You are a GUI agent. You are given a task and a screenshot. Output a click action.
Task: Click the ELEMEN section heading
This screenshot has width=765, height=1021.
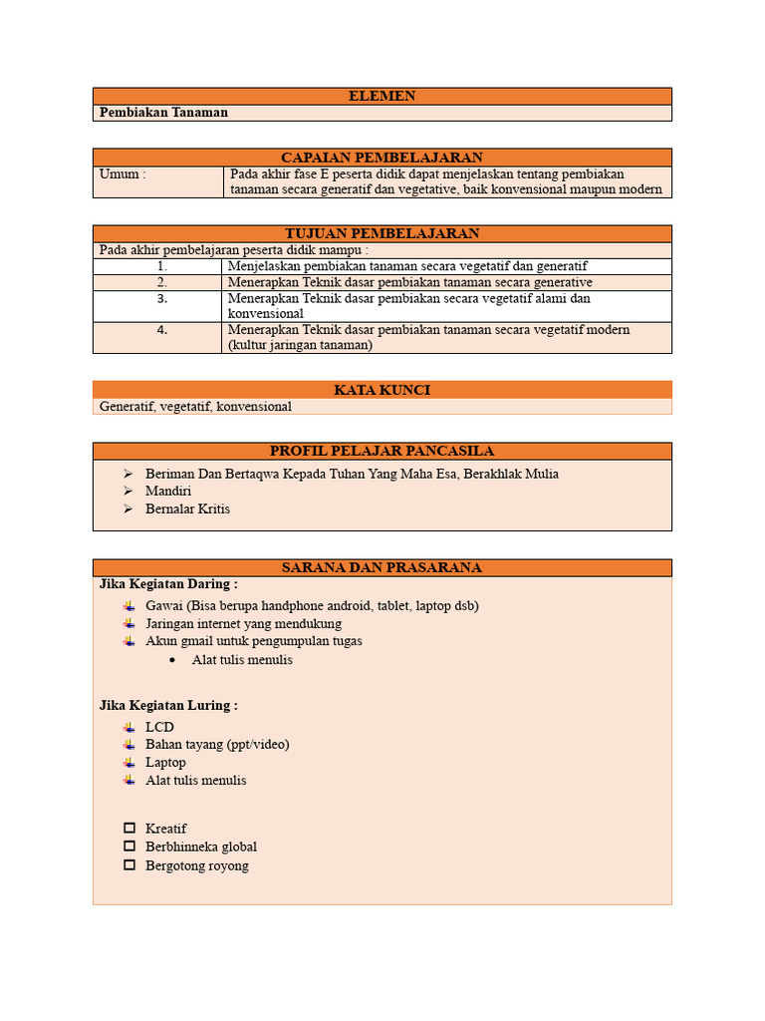point(382,96)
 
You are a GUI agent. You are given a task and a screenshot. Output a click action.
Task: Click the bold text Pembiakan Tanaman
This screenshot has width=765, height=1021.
point(163,113)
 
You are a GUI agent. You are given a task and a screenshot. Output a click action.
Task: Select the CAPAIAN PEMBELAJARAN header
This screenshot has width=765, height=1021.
point(382,158)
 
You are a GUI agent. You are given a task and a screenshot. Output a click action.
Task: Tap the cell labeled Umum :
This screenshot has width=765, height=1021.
point(123,174)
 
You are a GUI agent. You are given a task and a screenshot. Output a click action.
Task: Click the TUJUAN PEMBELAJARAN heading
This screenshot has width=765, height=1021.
point(382,233)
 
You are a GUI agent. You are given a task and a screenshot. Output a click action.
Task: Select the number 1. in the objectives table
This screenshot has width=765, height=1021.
point(161,266)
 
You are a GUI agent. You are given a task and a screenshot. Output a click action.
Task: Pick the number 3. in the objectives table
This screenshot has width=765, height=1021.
point(161,298)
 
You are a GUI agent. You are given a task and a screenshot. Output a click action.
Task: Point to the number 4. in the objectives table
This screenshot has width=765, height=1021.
point(161,330)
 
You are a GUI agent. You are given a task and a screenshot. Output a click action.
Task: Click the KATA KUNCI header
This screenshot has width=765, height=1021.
point(382,390)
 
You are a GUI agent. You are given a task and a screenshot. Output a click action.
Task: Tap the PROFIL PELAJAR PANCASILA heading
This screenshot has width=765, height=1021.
point(382,451)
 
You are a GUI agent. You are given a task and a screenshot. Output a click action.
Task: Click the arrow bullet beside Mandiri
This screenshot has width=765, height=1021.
point(128,492)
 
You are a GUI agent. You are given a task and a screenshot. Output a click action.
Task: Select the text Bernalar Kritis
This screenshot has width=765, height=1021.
point(187,509)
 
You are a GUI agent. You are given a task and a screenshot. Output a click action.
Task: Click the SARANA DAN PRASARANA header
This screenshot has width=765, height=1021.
point(382,567)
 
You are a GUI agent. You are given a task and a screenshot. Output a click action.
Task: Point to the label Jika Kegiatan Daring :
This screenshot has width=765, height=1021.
point(168,584)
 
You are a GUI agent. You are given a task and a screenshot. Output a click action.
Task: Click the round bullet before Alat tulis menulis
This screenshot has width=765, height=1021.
point(172,660)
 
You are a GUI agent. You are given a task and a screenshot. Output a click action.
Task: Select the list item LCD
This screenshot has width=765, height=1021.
point(159,727)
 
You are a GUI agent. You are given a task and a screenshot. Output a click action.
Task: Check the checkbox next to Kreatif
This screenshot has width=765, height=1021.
point(129,829)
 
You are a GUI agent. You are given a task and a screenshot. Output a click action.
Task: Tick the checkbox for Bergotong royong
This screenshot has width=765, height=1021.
point(129,865)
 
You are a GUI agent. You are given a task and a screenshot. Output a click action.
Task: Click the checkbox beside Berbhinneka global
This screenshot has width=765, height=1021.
point(129,847)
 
